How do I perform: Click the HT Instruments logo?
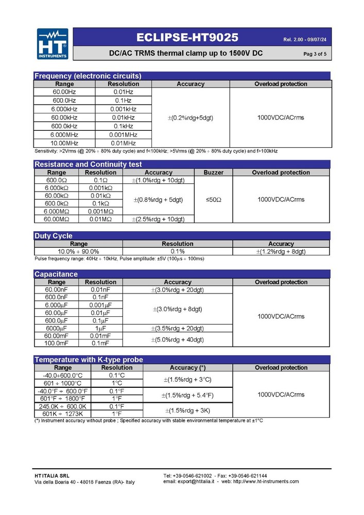point(52,44)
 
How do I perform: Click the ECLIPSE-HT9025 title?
point(187,37)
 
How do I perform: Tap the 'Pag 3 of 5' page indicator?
point(315,54)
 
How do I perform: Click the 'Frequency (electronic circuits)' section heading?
point(88,76)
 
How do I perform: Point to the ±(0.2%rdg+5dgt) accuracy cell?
point(190,117)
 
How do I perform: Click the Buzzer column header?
point(214,173)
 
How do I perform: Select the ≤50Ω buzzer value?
point(214,199)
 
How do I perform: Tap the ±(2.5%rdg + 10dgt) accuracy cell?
point(159,219)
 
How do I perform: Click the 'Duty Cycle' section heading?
point(54,236)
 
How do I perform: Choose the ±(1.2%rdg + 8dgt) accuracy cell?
point(281,251)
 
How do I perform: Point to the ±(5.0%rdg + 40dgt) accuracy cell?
point(177,339)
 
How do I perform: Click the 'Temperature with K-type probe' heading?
point(89,359)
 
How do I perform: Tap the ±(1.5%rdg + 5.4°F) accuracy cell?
point(187,395)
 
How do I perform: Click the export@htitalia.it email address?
point(197,482)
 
